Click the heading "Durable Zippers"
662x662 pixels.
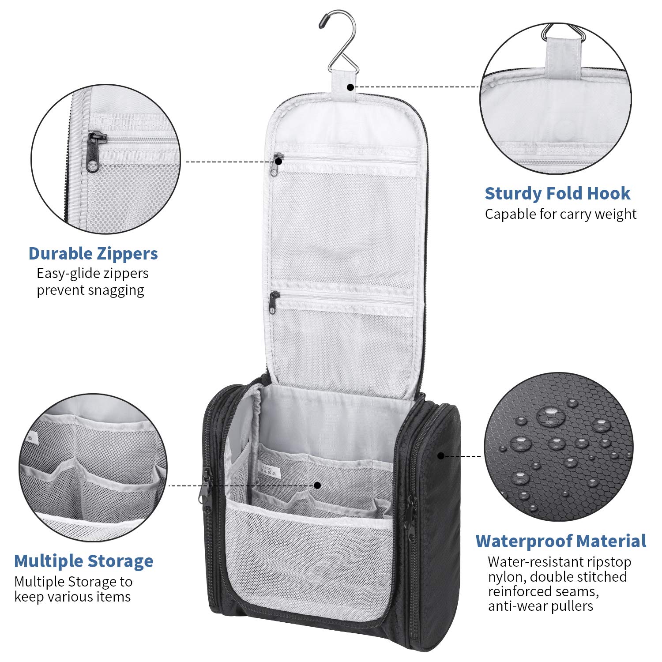(x=93, y=254)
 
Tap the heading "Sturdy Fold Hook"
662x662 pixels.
(x=557, y=193)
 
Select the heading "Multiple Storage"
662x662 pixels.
(x=84, y=561)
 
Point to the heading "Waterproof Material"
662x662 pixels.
(x=561, y=541)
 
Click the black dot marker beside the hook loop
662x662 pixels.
(x=350, y=87)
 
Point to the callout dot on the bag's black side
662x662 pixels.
(x=440, y=455)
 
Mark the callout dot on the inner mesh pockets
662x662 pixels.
(x=317, y=485)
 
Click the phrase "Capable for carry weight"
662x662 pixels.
(x=560, y=214)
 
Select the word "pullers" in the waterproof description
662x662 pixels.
(x=572, y=606)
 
